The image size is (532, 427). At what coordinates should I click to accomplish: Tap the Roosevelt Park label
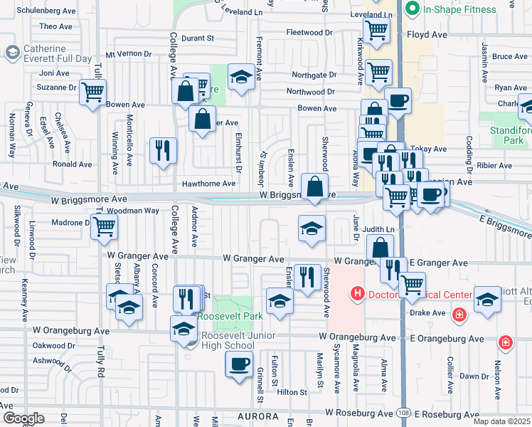tap(230, 316)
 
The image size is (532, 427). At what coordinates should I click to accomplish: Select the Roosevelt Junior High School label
tap(228, 340)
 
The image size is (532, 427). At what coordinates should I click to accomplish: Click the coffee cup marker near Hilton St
tap(239, 364)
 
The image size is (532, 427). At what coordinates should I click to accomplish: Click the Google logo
tap(23, 418)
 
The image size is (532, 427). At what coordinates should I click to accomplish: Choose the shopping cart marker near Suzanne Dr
tap(93, 92)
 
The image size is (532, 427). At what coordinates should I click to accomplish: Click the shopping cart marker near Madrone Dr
tap(105, 227)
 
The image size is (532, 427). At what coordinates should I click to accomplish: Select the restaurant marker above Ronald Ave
tap(164, 150)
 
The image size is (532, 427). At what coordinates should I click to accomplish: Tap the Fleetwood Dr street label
tap(309, 33)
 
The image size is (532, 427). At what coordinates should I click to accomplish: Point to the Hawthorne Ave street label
tap(208, 184)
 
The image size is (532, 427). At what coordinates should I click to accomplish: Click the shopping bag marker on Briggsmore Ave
tap(314, 187)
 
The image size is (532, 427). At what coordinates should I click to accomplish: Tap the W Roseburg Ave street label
tap(360, 413)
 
